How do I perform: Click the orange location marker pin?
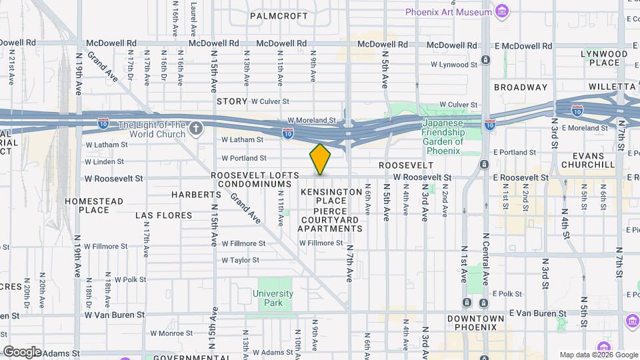click(320, 159)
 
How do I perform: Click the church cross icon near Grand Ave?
click(195, 128)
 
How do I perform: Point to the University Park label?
click(273, 298)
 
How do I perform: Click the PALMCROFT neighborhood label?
click(279, 15)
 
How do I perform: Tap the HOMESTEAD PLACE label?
click(94, 205)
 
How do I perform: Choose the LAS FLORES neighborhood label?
click(163, 215)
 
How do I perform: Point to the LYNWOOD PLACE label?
click(604, 58)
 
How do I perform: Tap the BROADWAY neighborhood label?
click(521, 87)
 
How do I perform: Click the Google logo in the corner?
click(22, 351)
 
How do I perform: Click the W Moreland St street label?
click(312, 120)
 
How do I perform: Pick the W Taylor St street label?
click(239, 260)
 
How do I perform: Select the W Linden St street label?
click(105, 161)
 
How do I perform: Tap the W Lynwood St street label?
click(454, 65)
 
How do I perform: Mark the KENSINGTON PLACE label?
click(331, 196)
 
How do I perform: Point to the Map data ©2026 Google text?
click(598, 355)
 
